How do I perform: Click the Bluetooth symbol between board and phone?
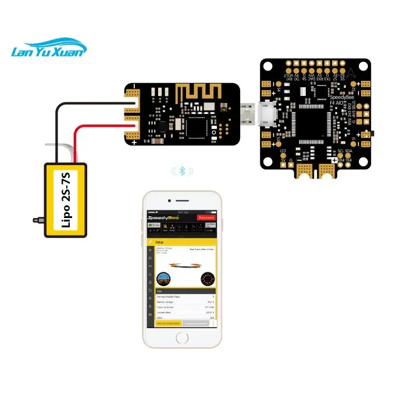point(183,171)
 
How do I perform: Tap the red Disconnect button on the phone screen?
point(206,217)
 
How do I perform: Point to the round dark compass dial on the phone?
point(206,279)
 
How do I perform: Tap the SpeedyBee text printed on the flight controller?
point(343,97)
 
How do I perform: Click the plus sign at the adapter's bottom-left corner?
point(134,142)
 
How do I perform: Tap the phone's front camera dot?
point(182,201)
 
